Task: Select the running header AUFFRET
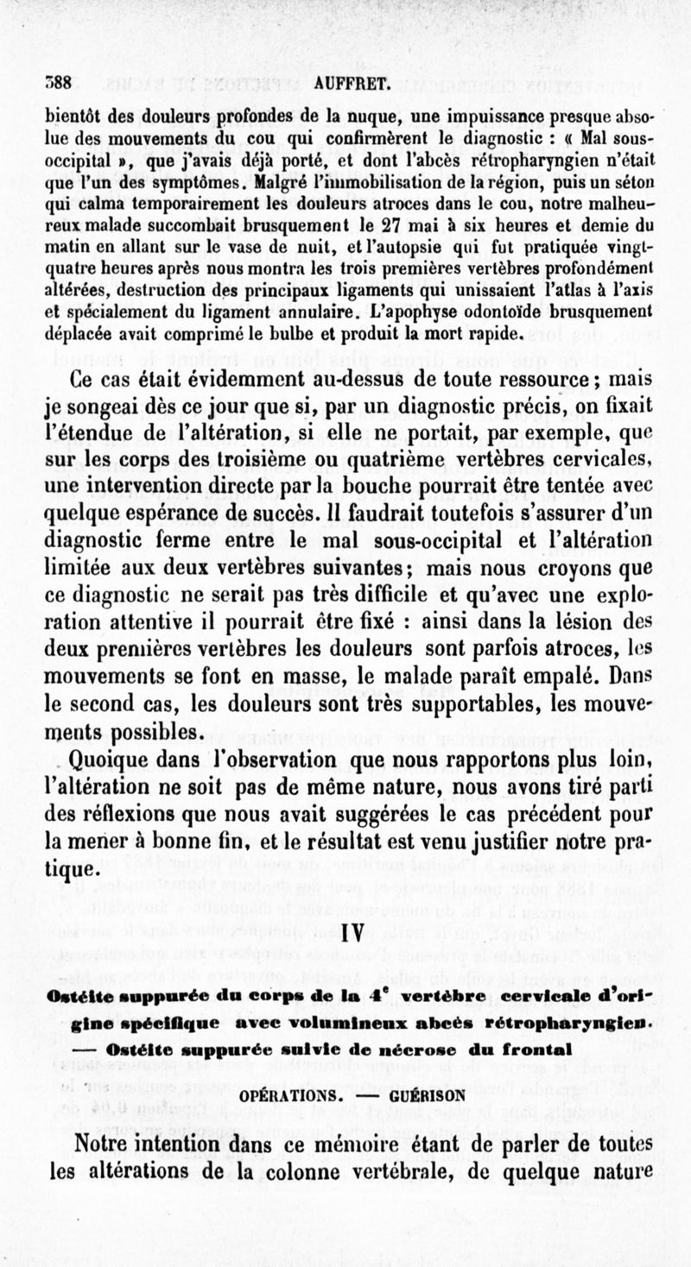[345, 85]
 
